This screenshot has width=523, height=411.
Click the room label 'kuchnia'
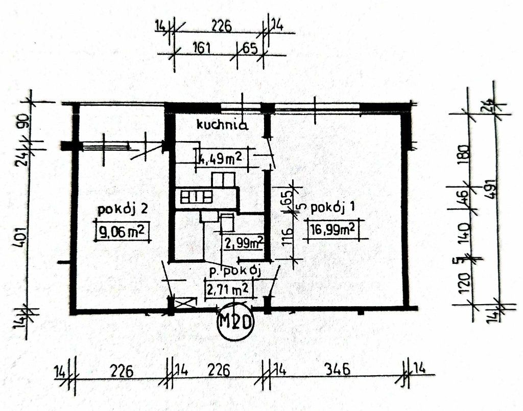coord(222,125)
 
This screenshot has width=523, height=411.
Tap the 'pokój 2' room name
coord(122,210)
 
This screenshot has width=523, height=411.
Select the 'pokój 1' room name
coord(332,208)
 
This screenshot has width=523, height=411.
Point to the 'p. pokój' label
coord(234,272)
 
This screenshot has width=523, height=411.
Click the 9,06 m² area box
coord(122,231)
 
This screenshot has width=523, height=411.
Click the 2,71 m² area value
coord(228,289)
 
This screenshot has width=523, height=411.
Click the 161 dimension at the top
coord(201,49)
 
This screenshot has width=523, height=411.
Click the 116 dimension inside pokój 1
coord(288,236)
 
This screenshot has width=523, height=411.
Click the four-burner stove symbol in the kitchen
coord(197,197)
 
